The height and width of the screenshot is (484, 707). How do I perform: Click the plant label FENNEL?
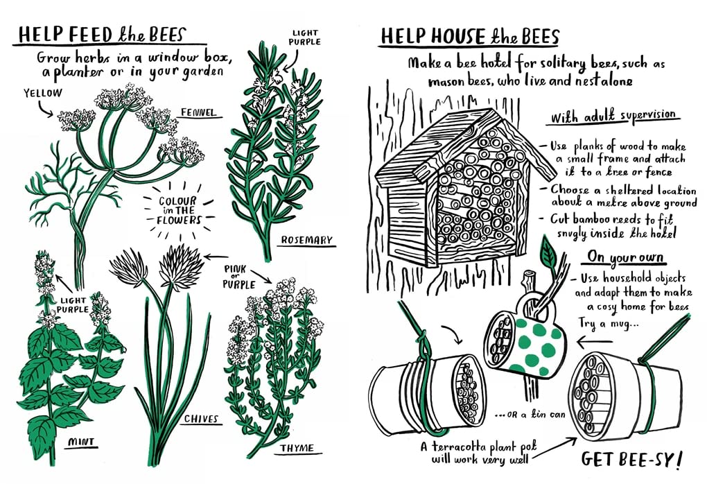pos(198,112)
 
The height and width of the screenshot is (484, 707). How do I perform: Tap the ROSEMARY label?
pos(306,241)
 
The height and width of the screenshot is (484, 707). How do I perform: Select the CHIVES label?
pos(201,419)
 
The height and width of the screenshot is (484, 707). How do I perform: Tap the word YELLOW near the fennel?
pos(42,92)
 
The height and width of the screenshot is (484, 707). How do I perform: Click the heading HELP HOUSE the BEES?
pos(469,36)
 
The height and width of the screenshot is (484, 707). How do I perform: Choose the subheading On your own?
pos(625,257)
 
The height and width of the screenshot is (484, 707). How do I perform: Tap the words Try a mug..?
pos(607,322)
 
